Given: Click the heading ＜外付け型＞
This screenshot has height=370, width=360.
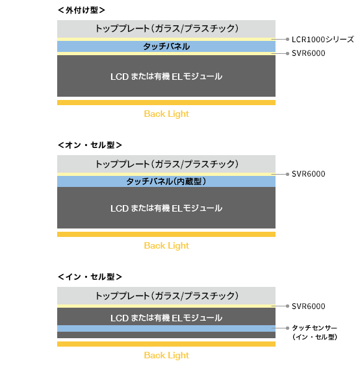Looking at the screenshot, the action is [x=81, y=10].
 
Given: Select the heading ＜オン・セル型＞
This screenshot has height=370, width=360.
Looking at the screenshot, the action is [x=90, y=145].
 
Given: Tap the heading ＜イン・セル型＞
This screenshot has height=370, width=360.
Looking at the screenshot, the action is [x=90, y=277].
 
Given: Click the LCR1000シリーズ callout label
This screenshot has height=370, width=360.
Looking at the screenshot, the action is [x=323, y=40].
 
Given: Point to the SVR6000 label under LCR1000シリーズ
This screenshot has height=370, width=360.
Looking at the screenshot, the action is [x=309, y=53].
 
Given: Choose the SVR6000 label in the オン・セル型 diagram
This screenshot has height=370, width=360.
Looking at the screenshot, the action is [x=309, y=174].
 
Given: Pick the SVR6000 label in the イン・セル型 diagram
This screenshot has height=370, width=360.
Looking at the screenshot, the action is [x=309, y=306].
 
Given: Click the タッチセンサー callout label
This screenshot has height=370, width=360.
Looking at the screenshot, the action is [x=315, y=332].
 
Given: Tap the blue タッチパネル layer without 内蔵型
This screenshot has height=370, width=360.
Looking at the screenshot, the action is [x=166, y=47].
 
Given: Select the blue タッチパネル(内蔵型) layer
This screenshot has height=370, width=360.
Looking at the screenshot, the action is [x=166, y=182].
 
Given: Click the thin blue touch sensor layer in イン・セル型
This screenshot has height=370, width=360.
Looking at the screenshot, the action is [x=166, y=328].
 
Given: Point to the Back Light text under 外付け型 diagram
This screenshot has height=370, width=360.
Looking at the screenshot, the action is [x=166, y=114].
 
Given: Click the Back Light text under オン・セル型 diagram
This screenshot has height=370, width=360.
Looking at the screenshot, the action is [x=166, y=245].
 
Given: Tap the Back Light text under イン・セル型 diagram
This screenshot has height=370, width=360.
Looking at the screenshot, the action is [x=166, y=355].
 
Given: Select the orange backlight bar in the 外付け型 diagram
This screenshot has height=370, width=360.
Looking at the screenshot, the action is [x=166, y=103].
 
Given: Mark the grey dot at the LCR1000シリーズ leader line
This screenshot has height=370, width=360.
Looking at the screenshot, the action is [x=287, y=39].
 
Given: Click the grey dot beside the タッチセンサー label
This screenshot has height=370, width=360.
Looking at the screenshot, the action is [x=287, y=328].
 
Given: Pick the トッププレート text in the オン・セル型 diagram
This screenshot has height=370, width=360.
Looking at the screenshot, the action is [x=167, y=164].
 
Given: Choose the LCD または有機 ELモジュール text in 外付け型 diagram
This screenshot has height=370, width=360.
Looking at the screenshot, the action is [x=166, y=77].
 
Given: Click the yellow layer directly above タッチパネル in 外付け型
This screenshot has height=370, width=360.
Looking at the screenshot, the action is [x=166, y=40].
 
